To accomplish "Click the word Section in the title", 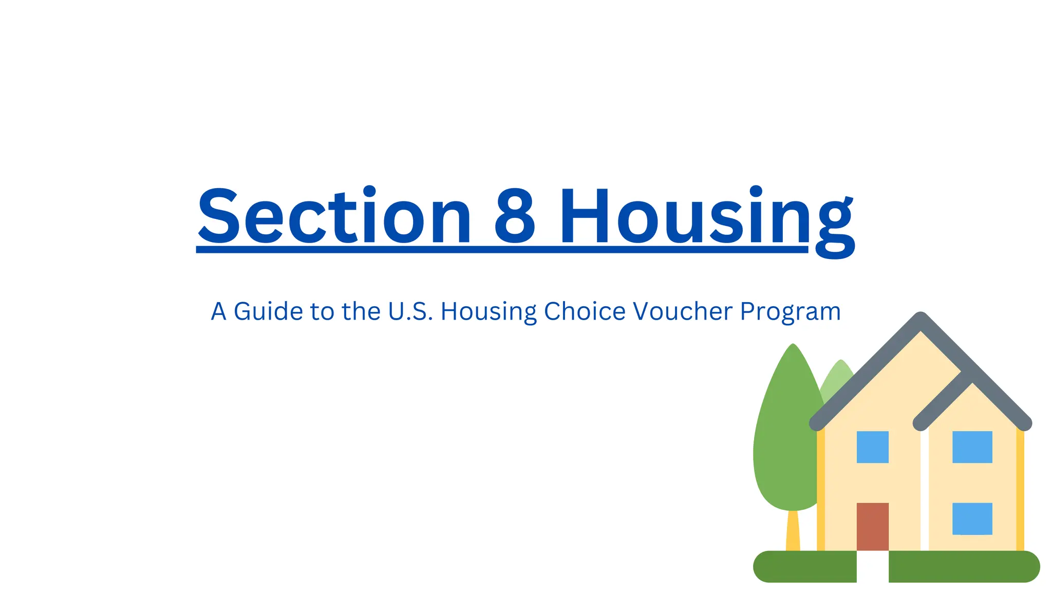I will pyautogui.click(x=334, y=216).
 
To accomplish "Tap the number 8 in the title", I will pyautogui.click(x=515, y=216).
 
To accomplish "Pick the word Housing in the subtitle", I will pyautogui.click(x=489, y=311).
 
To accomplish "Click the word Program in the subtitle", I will pyautogui.click(x=790, y=312).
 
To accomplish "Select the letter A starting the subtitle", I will pyautogui.click(x=218, y=311).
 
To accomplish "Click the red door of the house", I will pyautogui.click(x=872, y=526).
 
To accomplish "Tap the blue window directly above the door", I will pyautogui.click(x=872, y=447).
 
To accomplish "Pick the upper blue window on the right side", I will pyautogui.click(x=972, y=447).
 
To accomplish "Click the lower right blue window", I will pyautogui.click(x=972, y=519).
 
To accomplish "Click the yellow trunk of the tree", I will pyautogui.click(x=793, y=532).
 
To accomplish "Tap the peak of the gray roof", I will pyautogui.click(x=920, y=321).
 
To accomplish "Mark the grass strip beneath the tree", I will pyautogui.click(x=804, y=566).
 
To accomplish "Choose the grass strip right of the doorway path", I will pyautogui.click(x=964, y=566).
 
